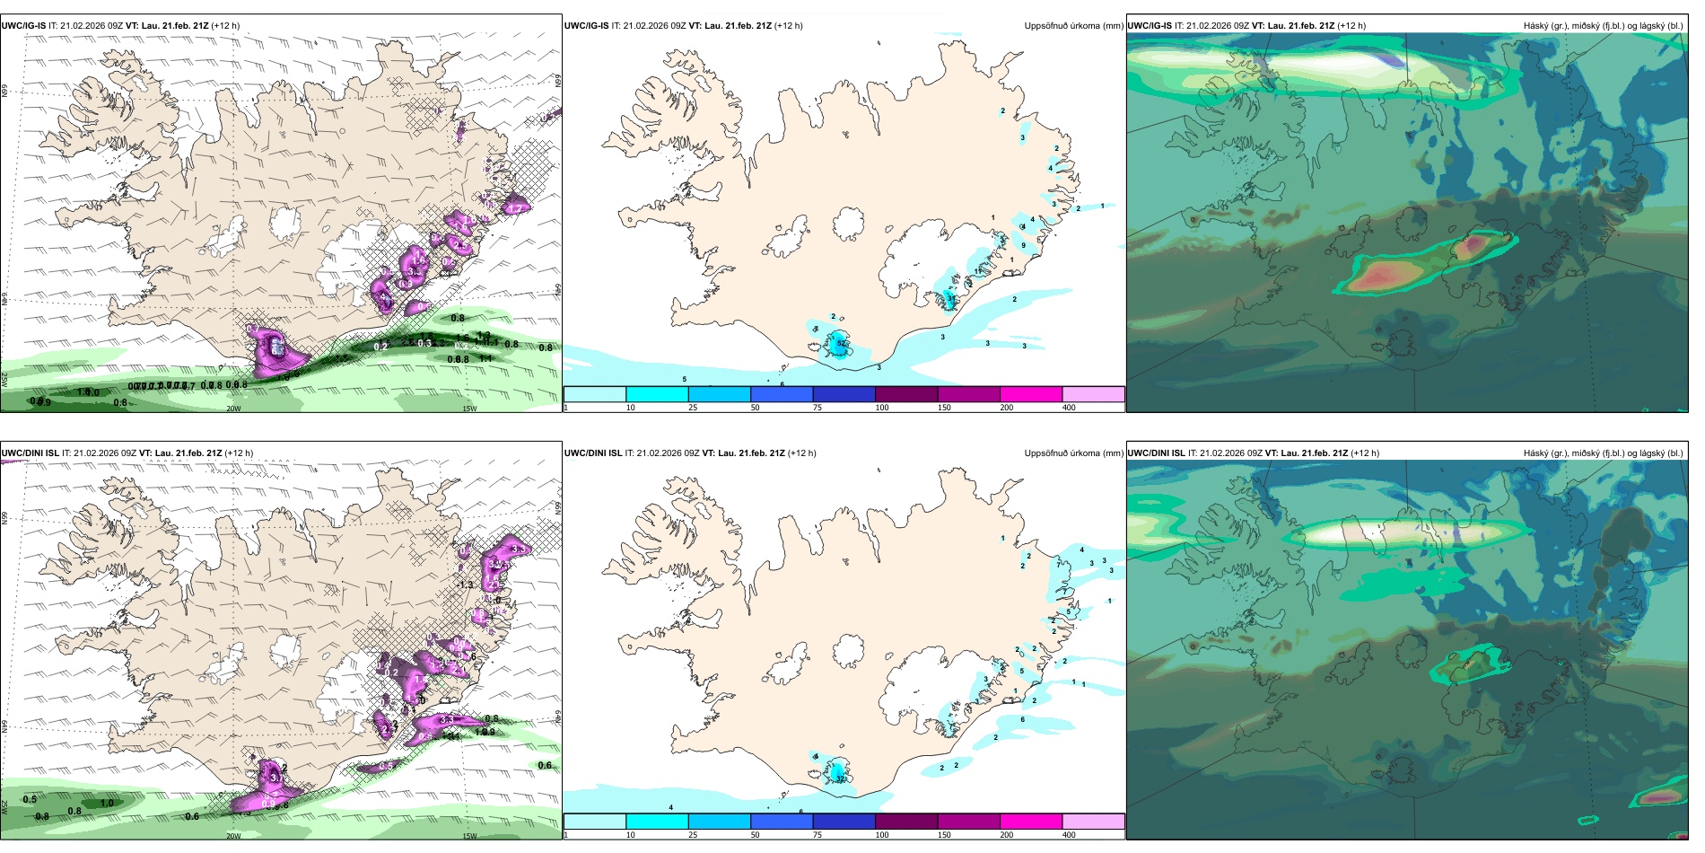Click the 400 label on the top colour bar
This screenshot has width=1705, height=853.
pyautogui.click(x=1069, y=408)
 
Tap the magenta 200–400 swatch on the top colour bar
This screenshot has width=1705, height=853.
pyautogui.click(x=1031, y=394)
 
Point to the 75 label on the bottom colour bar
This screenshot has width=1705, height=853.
pyautogui.click(x=818, y=835)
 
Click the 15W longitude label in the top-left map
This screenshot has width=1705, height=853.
pyautogui.click(x=468, y=409)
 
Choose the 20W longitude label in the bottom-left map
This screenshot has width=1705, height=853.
pyautogui.click(x=233, y=836)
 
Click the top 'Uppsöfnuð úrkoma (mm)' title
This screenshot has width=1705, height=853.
pyautogui.click(x=1073, y=26)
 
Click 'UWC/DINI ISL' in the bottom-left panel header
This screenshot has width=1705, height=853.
pyautogui.click(x=30, y=453)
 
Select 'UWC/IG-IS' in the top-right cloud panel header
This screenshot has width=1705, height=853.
pyautogui.click(x=1150, y=26)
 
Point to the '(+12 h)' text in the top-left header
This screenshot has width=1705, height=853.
pyautogui.click(x=224, y=26)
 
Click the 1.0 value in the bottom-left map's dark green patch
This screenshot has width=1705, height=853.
pyautogui.click(x=107, y=803)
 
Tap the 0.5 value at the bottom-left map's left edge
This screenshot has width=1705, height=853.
pyautogui.click(x=30, y=799)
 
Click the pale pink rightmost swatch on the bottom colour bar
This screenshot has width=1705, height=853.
pyautogui.click(x=1093, y=822)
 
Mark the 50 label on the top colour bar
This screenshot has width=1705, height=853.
pyautogui.click(x=755, y=408)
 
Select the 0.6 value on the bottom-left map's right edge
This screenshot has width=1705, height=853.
pyautogui.click(x=545, y=765)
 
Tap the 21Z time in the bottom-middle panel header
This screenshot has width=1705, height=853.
pyautogui.click(x=774, y=453)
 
